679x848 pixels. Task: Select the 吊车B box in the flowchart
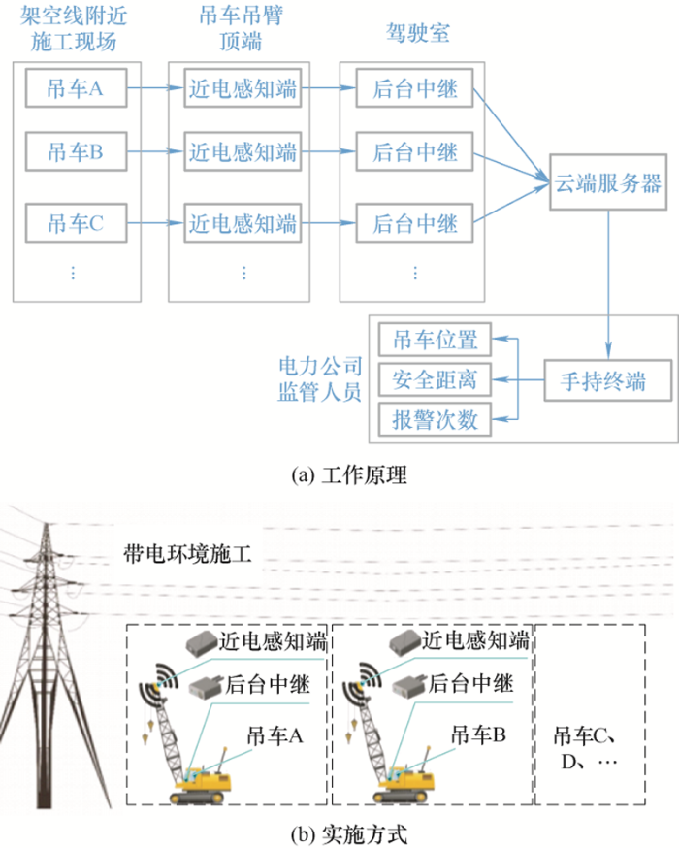[75, 152]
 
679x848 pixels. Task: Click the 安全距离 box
[435, 379]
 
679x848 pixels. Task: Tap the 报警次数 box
[435, 420]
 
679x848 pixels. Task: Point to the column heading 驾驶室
[416, 35]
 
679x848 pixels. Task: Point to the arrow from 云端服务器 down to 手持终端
[608, 281]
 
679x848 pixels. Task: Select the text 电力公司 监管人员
[319, 379]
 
